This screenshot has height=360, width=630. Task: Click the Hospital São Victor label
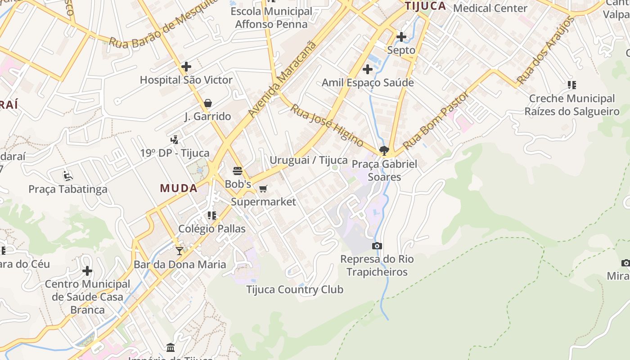pyautogui.click(x=186, y=80)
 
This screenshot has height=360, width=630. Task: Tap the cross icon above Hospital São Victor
pyautogui.click(x=186, y=67)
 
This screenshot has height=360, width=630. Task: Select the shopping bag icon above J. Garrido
pyautogui.click(x=207, y=103)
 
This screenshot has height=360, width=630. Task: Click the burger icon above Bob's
pyautogui.click(x=238, y=171)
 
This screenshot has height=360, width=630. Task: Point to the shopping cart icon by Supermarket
pyautogui.click(x=263, y=189)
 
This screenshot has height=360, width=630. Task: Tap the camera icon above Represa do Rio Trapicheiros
pyautogui.click(x=377, y=246)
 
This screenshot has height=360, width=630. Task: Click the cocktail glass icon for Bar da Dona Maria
pyautogui.click(x=180, y=251)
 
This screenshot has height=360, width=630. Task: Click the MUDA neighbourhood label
pyautogui.click(x=179, y=188)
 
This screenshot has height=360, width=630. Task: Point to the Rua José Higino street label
pyautogui.click(x=327, y=126)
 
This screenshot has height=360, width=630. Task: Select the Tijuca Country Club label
pyautogui.click(x=295, y=289)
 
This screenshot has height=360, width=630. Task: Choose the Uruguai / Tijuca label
pyautogui.click(x=309, y=160)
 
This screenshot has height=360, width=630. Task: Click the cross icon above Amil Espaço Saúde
pyautogui.click(x=368, y=69)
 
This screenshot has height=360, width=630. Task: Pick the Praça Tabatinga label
pyautogui.click(x=68, y=189)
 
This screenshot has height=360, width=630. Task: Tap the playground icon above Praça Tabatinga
pyautogui.click(x=68, y=175)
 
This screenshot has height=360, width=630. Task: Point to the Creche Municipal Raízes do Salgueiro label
pyautogui.click(x=572, y=105)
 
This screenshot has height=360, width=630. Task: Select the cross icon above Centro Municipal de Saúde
pyautogui.click(x=87, y=271)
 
